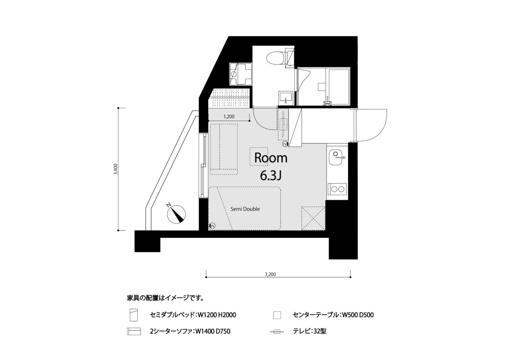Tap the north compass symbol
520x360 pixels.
(176, 214)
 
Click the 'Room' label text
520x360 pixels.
(271, 158)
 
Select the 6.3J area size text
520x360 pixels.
(271, 176)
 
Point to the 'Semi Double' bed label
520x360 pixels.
(245, 209)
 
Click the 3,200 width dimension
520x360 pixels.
(271, 274)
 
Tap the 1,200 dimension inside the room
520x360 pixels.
(229, 117)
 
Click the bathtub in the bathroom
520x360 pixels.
(339, 87)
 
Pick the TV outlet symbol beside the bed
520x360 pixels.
(212, 225)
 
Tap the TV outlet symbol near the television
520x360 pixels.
(285, 144)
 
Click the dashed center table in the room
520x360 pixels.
(259, 157)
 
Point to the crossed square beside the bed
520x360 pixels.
(314, 218)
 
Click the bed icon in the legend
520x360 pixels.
(134, 315)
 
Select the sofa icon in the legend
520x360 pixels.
(134, 331)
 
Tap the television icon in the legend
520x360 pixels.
(277, 331)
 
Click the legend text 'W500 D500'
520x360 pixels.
(358, 315)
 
